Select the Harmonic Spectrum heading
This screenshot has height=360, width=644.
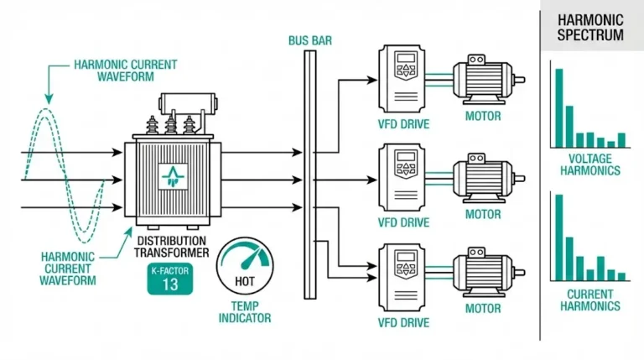coord(591,28)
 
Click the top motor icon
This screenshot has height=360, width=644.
coord(485,79)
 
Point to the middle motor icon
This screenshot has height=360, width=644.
coord(485,179)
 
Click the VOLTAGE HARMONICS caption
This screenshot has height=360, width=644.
coord(591,164)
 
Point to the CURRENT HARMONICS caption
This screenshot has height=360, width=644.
coord(591,300)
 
